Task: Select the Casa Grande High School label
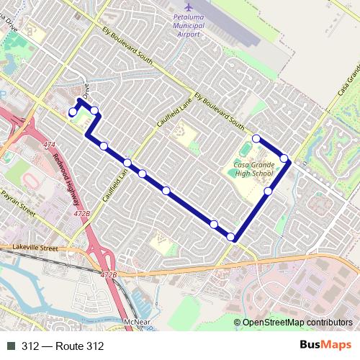tap(253, 169)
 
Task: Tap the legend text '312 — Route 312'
tap(63, 346)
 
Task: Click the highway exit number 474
tap(49, 145)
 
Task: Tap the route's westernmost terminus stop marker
tap(72, 112)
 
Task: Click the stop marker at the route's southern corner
tap(231, 237)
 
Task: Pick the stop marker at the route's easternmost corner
tap(284, 158)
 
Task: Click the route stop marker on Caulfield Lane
tap(127, 163)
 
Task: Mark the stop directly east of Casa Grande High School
tap(268, 191)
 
